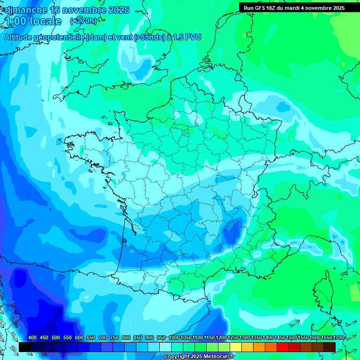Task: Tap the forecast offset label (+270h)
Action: pos(83,21)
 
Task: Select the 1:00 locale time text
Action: pos(34,21)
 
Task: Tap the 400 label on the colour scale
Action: pos(32,337)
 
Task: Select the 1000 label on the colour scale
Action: pos(174,337)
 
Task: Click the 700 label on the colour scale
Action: pos(103,337)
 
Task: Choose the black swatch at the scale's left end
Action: pos(25,347)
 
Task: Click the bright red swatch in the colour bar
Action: pos(283,347)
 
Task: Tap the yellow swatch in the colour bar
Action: pos(236,347)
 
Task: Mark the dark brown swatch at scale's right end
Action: pos(330,347)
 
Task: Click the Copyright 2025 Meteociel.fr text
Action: pos(199,356)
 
